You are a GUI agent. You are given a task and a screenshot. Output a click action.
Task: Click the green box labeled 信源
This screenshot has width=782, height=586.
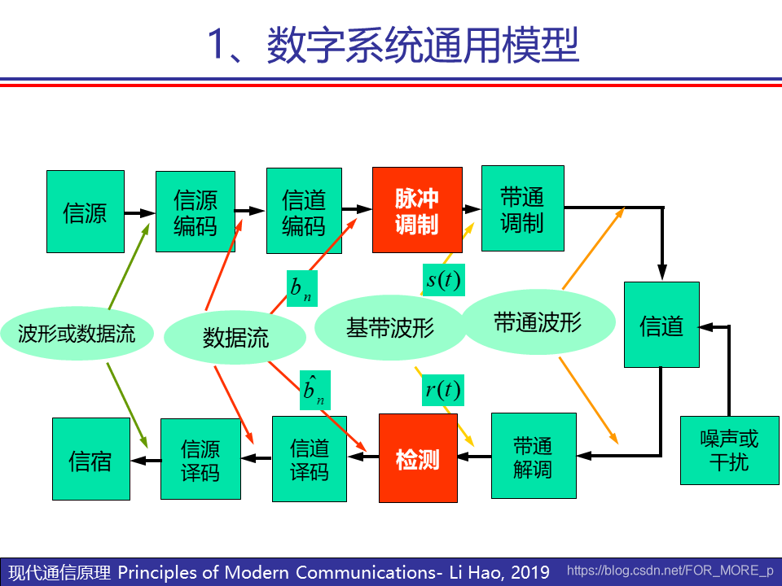(85, 212)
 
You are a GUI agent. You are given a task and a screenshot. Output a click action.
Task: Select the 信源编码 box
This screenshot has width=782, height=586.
(195, 212)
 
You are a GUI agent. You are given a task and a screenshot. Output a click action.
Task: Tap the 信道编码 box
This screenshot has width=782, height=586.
(304, 212)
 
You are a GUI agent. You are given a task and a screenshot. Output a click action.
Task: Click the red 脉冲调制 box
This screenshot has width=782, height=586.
(417, 210)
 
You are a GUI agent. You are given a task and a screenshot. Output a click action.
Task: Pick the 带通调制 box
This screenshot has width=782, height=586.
(522, 208)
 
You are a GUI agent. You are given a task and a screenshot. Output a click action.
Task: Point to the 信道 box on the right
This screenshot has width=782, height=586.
(661, 325)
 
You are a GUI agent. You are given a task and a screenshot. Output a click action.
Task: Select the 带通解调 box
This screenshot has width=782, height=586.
(534, 456)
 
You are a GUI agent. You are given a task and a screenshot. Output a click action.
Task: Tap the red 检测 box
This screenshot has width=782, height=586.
(418, 458)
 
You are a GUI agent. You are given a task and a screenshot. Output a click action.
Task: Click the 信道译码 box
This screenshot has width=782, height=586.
(310, 458)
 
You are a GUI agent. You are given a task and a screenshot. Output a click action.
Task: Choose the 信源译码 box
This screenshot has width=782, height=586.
(200, 459)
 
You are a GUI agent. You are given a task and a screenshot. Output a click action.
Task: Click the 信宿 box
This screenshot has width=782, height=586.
(90, 459)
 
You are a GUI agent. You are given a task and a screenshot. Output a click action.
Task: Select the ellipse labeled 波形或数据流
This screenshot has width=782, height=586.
(77, 333)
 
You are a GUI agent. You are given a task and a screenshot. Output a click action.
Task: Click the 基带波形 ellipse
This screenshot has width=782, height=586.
(389, 328)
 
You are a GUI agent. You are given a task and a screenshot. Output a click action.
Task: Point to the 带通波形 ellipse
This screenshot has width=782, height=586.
(538, 322)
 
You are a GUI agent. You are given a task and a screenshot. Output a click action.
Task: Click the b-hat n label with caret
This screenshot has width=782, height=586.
(313, 391)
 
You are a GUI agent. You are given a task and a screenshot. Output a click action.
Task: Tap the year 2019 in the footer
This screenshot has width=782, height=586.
(531, 571)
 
